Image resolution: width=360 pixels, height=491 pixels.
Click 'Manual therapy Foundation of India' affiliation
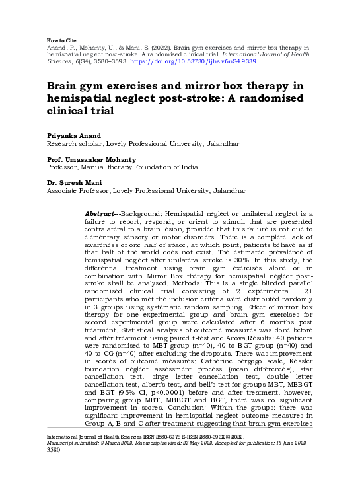147,169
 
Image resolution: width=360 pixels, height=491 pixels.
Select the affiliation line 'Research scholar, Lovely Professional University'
133,143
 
